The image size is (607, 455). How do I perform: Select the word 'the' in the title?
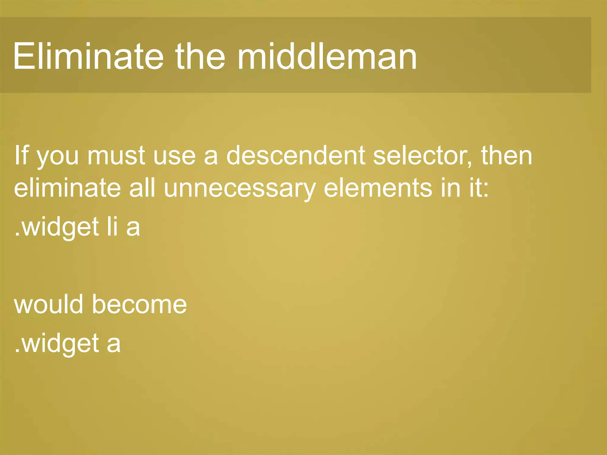pos(200,56)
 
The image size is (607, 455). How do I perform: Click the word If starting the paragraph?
pos(21,155)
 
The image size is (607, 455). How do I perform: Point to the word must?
pos(116,156)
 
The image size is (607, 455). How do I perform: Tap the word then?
pos(507,155)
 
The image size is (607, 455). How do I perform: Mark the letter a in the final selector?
pos(114,344)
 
